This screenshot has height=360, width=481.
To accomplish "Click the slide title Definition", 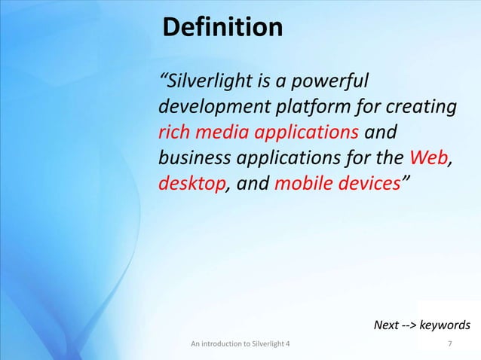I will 222,29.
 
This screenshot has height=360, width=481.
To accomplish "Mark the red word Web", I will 427,158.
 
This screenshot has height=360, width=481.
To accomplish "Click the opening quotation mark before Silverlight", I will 162,78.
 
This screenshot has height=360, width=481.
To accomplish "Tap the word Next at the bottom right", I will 387,325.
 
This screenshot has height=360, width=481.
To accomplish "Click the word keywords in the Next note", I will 444,325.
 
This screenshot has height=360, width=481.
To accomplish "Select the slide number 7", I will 450,345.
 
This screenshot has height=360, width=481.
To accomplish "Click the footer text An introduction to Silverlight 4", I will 239,345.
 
